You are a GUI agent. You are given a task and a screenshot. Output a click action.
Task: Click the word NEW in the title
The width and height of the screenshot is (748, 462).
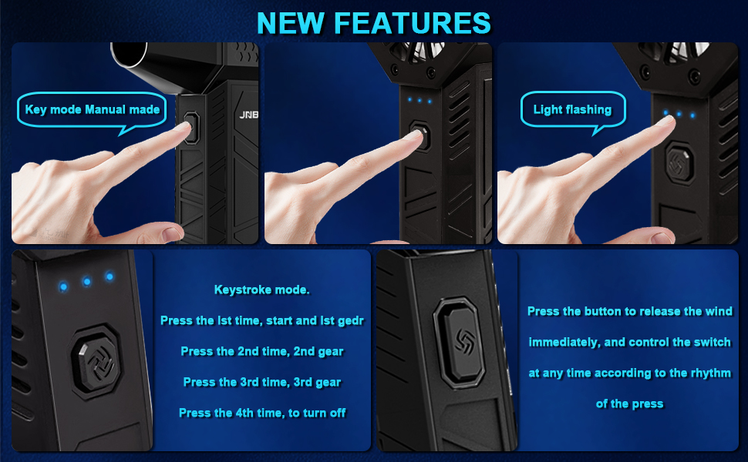coord(291,23)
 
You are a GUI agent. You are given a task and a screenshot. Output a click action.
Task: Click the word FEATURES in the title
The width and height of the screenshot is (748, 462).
coord(412,23)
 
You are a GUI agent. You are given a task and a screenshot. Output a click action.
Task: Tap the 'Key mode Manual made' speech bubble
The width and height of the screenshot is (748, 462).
coord(92,110)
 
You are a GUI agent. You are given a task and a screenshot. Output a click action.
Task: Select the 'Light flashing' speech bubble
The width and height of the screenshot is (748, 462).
coord(572,110)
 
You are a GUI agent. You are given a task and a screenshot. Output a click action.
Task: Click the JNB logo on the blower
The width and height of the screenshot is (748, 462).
coord(248,115)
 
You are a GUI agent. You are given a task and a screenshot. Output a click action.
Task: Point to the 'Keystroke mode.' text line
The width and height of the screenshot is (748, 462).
coord(262,290)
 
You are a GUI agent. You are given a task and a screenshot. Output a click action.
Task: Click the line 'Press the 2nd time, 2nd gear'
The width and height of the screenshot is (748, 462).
coord(262,351)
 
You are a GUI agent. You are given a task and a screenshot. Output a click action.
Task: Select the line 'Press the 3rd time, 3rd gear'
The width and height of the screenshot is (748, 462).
coord(262,382)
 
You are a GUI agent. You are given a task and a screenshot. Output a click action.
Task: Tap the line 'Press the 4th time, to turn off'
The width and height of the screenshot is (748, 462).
coord(262,413)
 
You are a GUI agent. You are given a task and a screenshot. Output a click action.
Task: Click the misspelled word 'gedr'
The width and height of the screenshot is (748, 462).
coord(351,321)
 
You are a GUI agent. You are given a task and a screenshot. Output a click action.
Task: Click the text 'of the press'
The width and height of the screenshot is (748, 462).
coord(630,404)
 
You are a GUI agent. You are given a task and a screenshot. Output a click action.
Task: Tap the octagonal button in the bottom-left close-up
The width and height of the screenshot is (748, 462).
coord(96,360)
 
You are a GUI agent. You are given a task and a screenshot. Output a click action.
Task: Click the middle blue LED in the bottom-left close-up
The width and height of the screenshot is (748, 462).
coord(86,282)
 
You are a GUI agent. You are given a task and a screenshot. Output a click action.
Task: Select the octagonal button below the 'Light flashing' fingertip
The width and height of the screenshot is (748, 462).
coord(680,163)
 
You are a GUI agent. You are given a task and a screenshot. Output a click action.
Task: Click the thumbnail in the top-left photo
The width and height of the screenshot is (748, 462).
coord(172,233)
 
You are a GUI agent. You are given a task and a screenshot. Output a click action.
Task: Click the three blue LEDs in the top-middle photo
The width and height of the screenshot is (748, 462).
coord(419,101)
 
